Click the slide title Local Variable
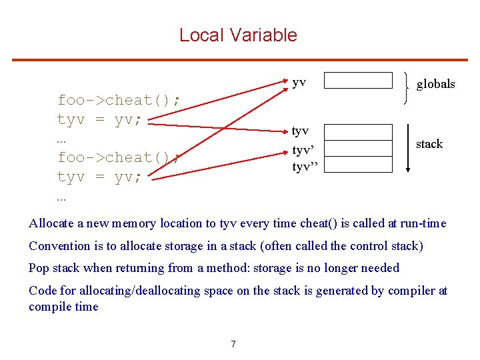coord(238,35)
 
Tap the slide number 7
coord(233,344)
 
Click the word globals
coord(435,84)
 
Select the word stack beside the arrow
coord(429,144)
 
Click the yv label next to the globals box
coord(299,82)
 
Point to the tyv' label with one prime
coord(303,151)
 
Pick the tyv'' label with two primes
coord(305,167)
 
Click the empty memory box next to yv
coord(358,80)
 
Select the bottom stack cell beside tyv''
coord(358,164)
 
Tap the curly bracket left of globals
coord(406,88)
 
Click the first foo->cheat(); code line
coord(118,101)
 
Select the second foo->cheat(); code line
coord(118,158)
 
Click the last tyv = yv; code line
coord(99,177)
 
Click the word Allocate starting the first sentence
coord(51,224)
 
